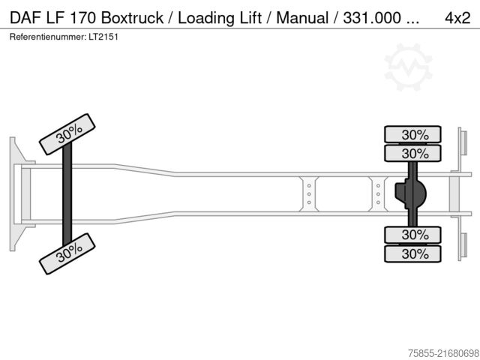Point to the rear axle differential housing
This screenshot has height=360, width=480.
pos(412,194)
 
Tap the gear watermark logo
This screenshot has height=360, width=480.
pos(408,67)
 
